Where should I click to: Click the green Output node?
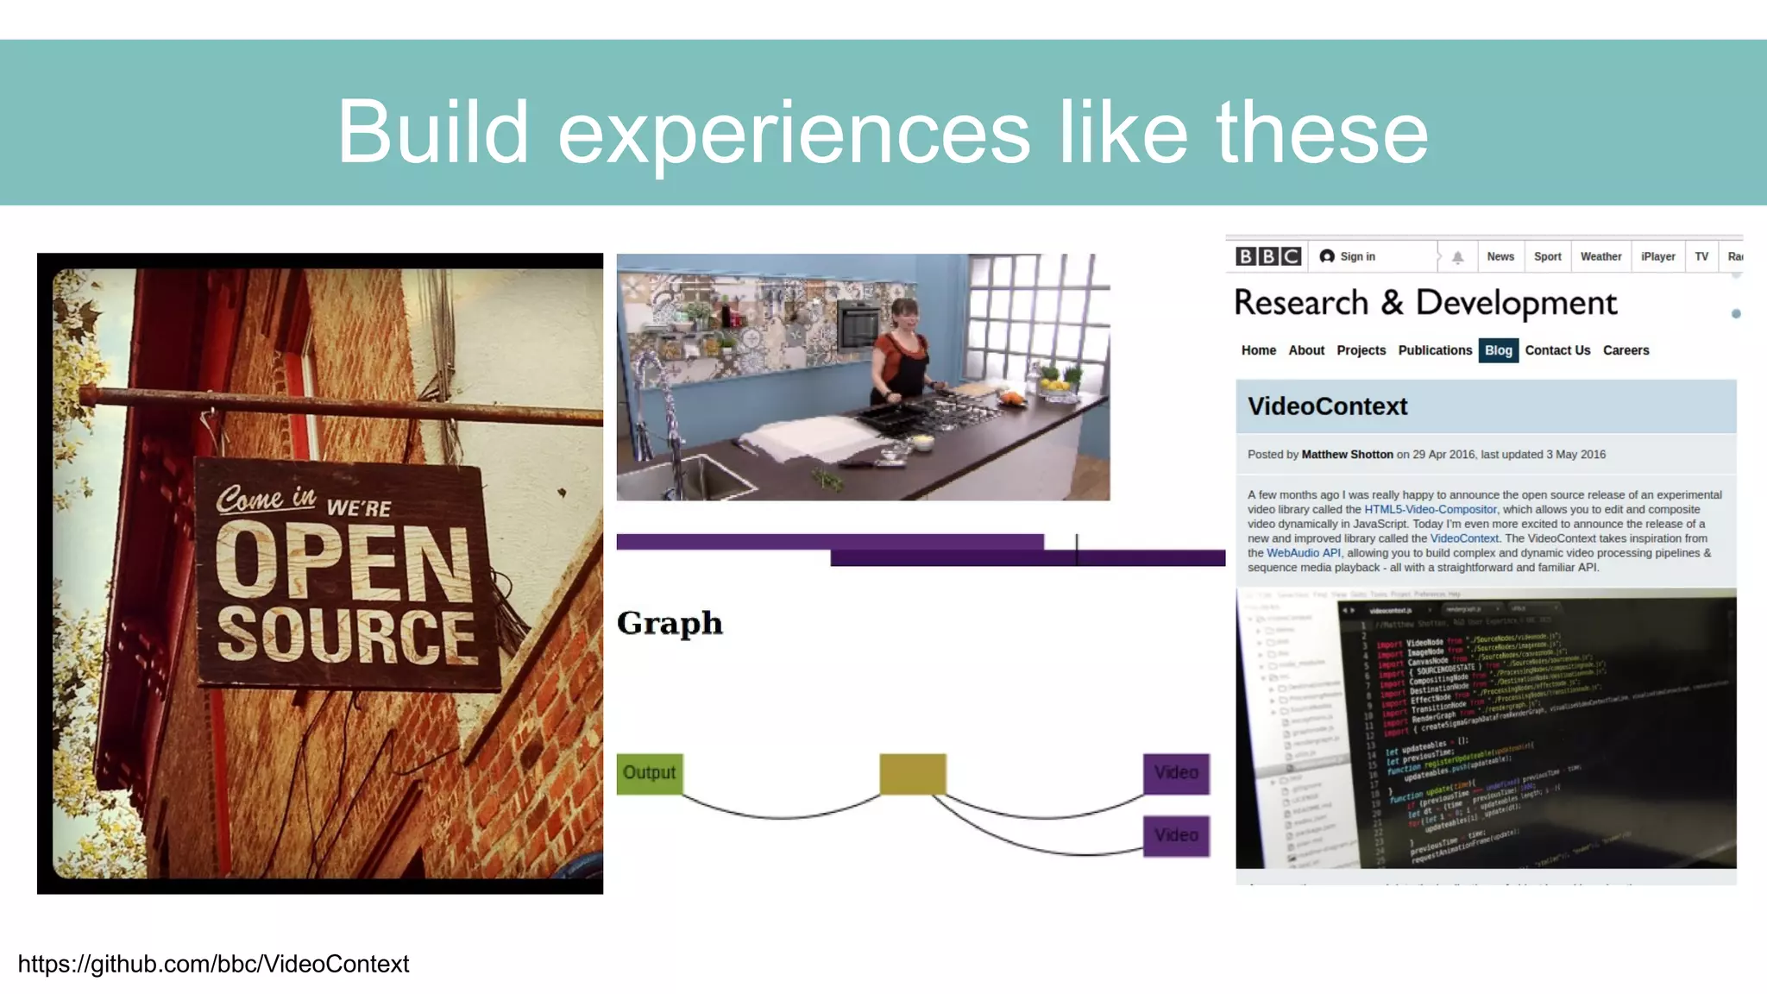(649, 773)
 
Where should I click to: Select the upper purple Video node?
(1176, 773)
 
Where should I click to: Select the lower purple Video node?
(1176, 835)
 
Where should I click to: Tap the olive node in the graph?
(912, 773)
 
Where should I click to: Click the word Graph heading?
(670, 623)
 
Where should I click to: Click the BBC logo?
(1267, 256)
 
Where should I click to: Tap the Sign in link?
(1356, 256)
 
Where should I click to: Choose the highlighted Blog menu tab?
(1498, 350)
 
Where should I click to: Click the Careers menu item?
(1626, 350)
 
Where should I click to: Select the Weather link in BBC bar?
(1600, 256)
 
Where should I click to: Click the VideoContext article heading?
(1327, 406)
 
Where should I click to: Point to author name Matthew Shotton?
(1347, 455)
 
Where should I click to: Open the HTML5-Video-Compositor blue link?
(1430, 510)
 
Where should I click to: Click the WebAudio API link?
(1303, 553)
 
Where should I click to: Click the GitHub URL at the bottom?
(213, 964)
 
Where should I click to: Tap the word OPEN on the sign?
(343, 562)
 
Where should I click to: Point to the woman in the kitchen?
(901, 354)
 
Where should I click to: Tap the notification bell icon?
(1457, 257)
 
